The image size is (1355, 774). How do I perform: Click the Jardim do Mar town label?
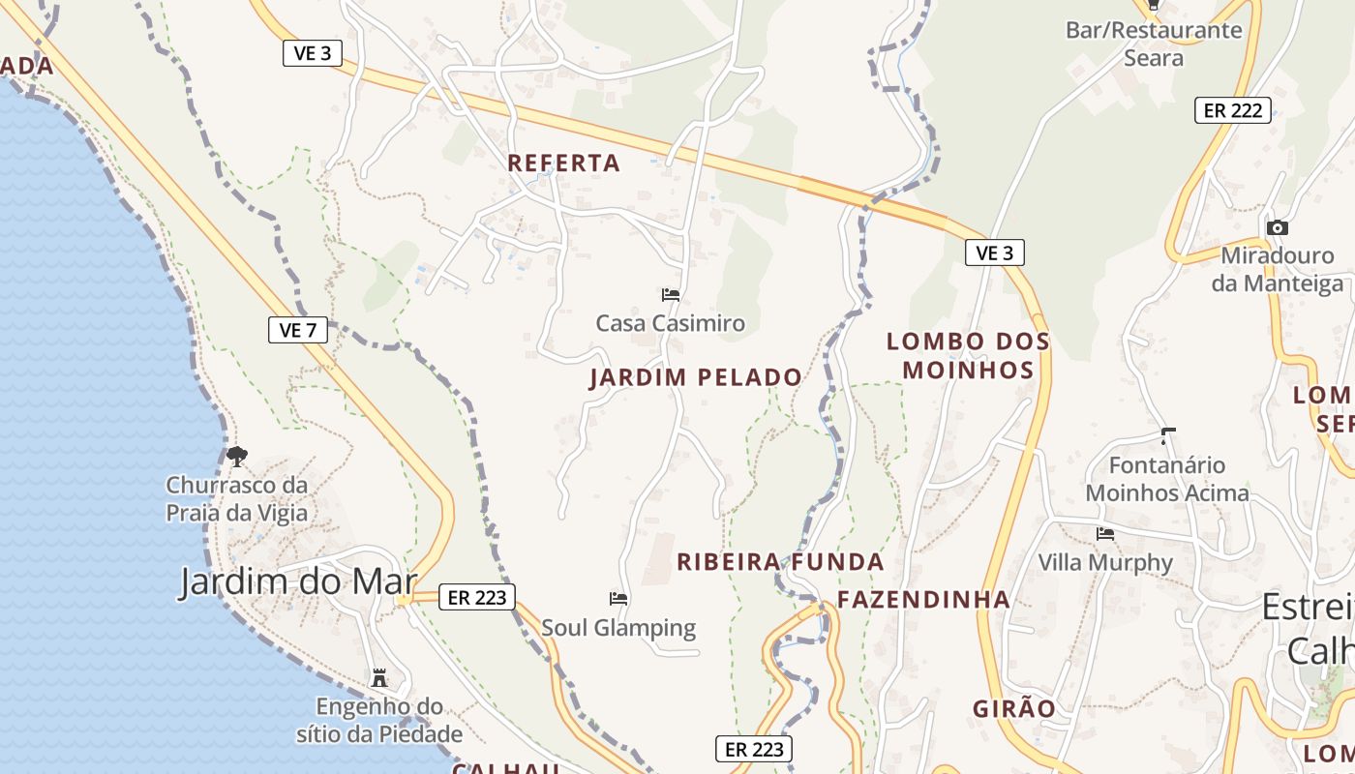298,581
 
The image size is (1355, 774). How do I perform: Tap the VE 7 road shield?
298,330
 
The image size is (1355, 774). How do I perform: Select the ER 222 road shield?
1232,110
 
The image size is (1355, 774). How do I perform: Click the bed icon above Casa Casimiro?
671,295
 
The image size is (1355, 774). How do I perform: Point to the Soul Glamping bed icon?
618,599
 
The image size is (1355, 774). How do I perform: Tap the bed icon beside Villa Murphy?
1104,534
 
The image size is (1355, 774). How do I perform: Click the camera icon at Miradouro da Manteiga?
1278,228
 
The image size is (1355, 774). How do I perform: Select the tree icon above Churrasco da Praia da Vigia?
237,456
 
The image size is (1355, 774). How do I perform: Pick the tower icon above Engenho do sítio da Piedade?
379,677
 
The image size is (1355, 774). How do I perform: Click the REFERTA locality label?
564,163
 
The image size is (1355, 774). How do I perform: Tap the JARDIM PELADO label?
696,377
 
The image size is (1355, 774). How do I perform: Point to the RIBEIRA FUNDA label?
780,562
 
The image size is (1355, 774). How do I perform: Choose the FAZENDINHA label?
923,600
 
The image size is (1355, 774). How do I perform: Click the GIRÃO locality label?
1014,708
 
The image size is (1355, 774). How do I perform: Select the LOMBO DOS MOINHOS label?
968,355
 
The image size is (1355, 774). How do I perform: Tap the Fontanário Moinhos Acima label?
1167,479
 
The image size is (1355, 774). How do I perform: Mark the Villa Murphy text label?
1105,562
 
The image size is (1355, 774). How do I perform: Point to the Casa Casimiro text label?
671,323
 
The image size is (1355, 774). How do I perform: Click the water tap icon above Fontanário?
1168,435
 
